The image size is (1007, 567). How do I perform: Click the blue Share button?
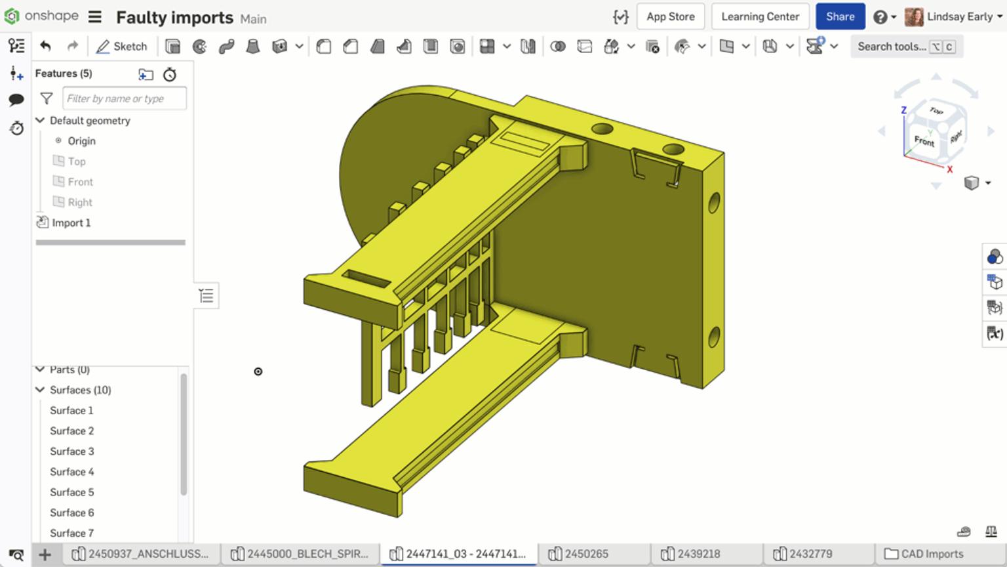840,16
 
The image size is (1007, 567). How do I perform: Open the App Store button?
670,16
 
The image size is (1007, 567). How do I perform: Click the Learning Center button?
760,16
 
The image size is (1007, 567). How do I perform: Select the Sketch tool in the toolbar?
122,47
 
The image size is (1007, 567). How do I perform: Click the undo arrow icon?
45,46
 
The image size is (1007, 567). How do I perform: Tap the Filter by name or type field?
124,98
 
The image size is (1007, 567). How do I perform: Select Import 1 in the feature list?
71,222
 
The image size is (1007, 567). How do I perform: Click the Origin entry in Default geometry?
81,141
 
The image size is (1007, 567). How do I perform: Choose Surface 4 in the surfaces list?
71,472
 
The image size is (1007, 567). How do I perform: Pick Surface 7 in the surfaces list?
71,533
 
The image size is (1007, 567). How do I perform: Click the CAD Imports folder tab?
932,554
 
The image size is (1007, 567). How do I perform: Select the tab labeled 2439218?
698,554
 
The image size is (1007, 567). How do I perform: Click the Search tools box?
892,47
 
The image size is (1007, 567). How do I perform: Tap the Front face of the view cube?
924,140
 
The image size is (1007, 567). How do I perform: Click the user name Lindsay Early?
959,16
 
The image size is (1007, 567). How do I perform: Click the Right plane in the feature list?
79,202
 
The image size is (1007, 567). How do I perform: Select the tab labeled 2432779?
810,554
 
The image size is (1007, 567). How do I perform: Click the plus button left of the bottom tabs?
45,555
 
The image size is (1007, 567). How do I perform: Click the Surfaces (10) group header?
80,390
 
